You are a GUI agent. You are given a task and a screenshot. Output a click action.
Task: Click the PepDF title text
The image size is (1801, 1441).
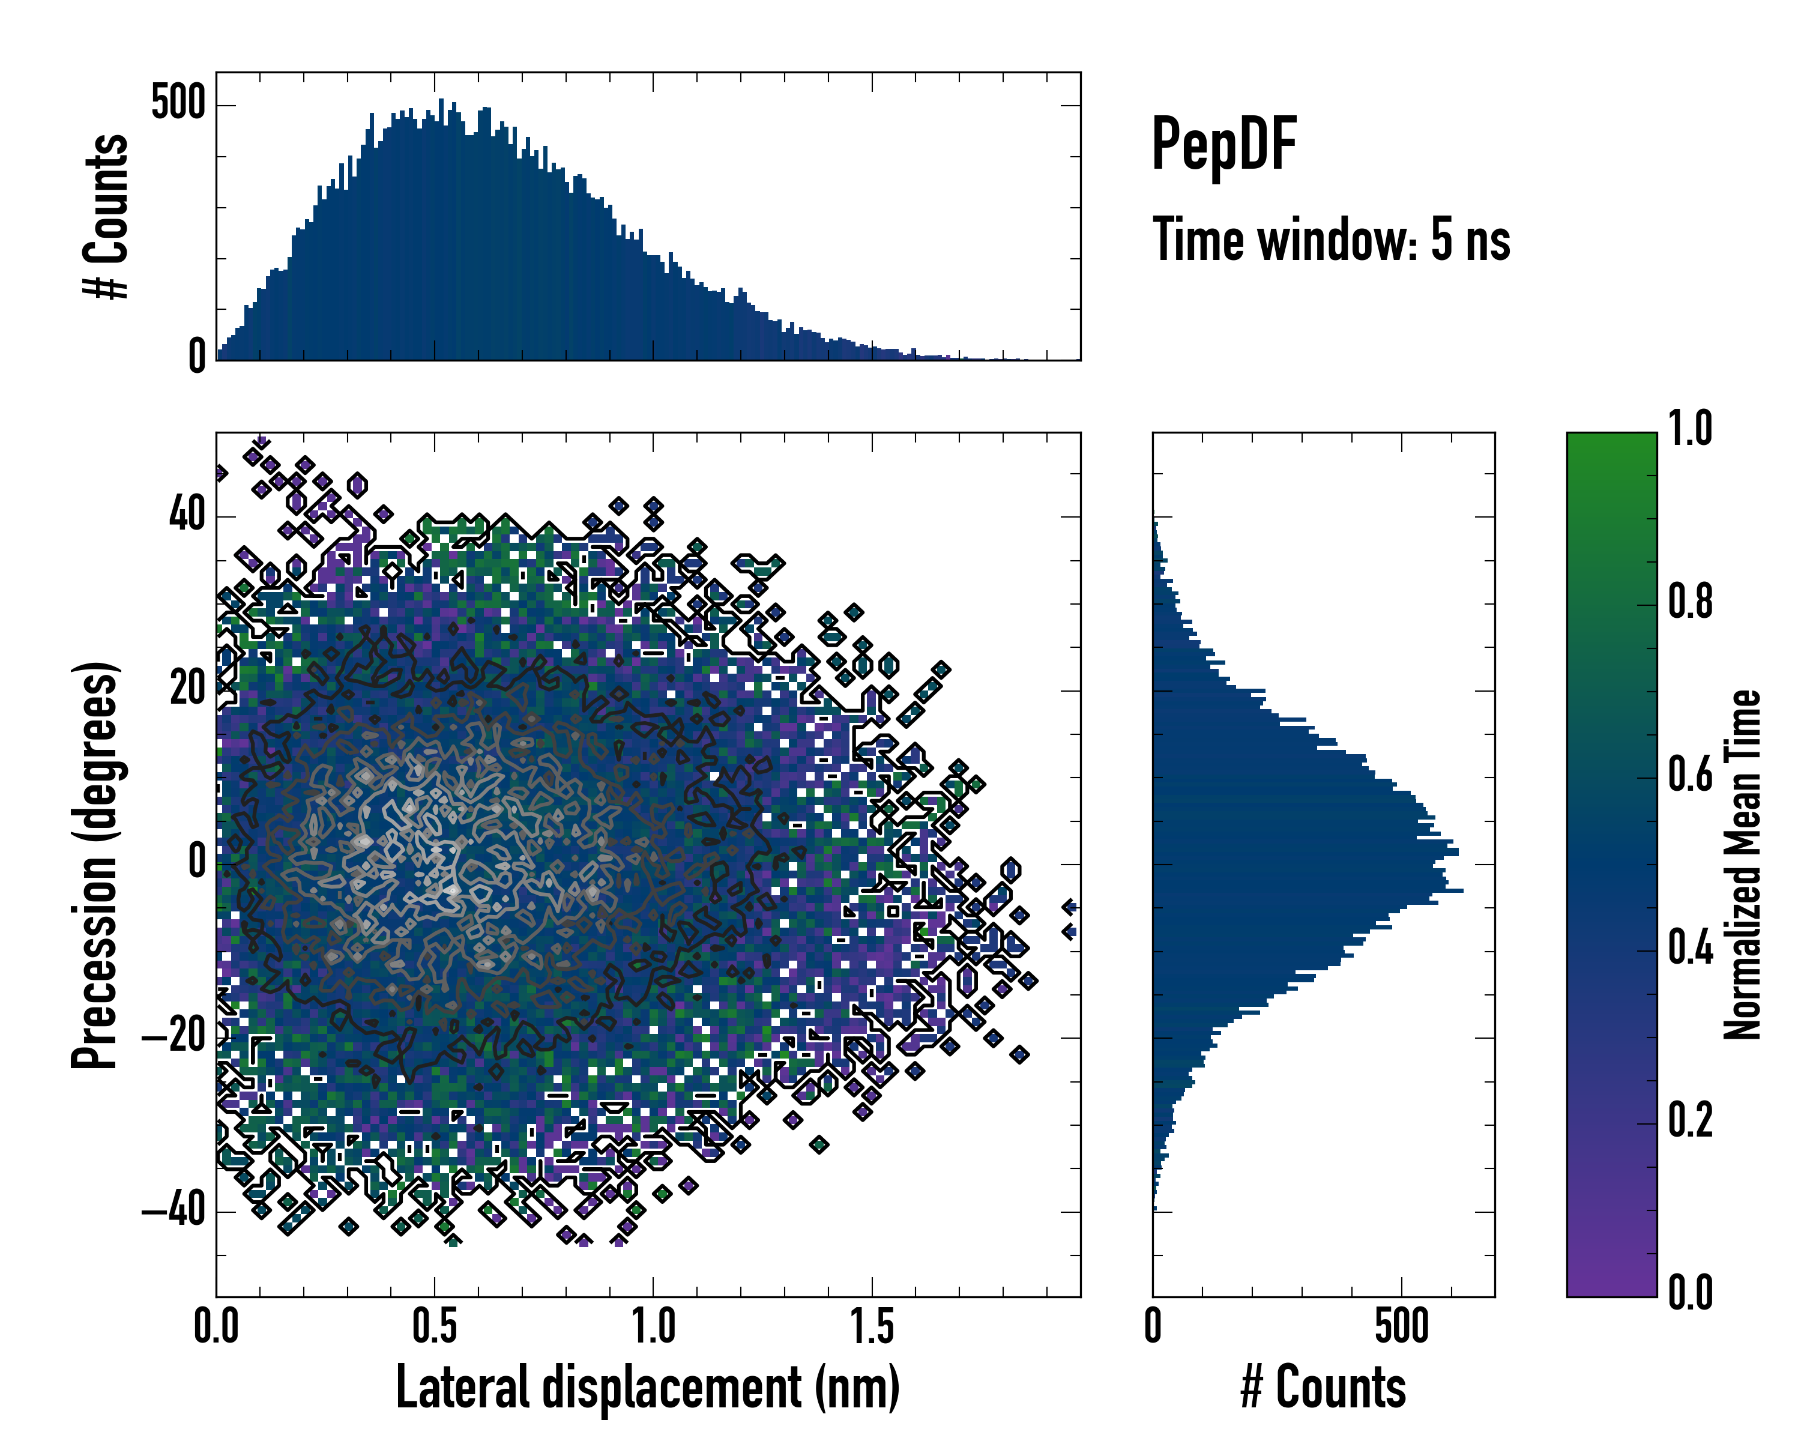pyautogui.click(x=1223, y=145)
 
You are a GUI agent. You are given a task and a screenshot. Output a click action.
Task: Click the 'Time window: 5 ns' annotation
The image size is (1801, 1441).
pyautogui.click(x=1331, y=240)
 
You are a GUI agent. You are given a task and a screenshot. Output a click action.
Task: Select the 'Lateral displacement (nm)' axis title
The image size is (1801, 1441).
pyautogui.click(x=647, y=1388)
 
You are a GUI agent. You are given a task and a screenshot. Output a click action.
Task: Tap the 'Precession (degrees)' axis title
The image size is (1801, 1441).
pyautogui.click(x=94, y=865)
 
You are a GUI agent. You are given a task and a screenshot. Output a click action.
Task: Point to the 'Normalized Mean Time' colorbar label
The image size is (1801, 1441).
pyautogui.click(x=1741, y=865)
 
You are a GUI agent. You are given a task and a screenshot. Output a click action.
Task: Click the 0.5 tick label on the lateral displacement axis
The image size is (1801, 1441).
pyautogui.click(x=435, y=1326)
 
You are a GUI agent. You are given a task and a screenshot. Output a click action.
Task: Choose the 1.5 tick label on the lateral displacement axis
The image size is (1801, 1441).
pyautogui.click(x=871, y=1326)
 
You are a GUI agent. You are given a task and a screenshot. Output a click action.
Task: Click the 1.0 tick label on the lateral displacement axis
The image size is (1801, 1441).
pyautogui.click(x=653, y=1326)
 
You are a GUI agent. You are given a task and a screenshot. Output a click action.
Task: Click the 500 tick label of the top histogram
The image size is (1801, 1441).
pyautogui.click(x=178, y=104)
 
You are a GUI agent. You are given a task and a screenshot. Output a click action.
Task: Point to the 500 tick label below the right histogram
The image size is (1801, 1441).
pyautogui.click(x=1401, y=1326)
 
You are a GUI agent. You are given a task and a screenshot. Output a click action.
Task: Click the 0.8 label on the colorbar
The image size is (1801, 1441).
pyautogui.click(x=1690, y=602)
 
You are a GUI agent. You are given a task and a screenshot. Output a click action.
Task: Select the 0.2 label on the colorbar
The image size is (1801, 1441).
pyautogui.click(x=1690, y=1120)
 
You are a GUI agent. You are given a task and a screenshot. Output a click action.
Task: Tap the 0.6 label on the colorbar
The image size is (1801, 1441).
pyautogui.click(x=1690, y=775)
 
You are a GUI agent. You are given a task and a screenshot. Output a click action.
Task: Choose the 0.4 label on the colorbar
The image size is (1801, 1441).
pyautogui.click(x=1690, y=947)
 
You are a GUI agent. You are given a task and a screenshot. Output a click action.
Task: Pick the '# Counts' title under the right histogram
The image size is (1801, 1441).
pyautogui.click(x=1323, y=1388)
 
